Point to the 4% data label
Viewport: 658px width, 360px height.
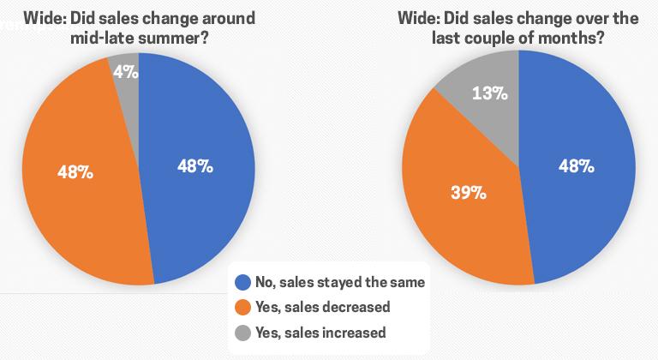pyautogui.click(x=126, y=72)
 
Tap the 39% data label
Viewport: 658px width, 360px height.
pyautogui.click(x=469, y=193)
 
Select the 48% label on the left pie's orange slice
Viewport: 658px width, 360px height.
pyautogui.click(x=75, y=171)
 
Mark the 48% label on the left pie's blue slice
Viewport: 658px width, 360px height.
pyautogui.click(x=195, y=166)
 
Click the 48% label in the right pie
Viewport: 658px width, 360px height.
pyautogui.click(x=577, y=166)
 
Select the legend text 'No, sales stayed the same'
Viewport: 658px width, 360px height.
pyautogui.click(x=340, y=280)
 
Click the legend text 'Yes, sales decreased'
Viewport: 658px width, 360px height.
pyautogui.click(x=324, y=306)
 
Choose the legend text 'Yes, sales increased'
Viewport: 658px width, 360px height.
pyautogui.click(x=322, y=332)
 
